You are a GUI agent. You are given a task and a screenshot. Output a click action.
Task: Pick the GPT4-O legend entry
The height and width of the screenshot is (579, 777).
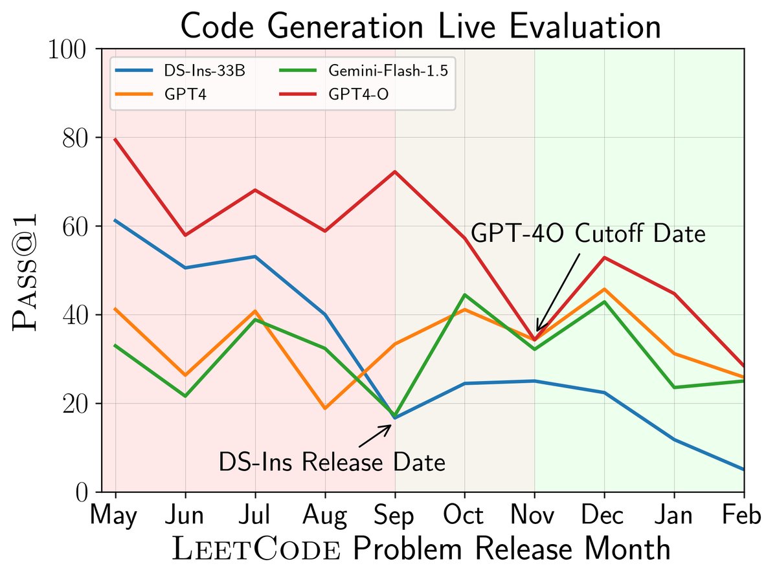click(360, 94)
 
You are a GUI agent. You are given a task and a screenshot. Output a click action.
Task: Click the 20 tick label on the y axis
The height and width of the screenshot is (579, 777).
click(74, 404)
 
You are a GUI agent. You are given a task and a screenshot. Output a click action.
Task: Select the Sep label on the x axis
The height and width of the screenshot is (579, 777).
click(395, 516)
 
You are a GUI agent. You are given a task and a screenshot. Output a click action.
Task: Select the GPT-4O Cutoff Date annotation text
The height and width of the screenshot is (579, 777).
click(588, 234)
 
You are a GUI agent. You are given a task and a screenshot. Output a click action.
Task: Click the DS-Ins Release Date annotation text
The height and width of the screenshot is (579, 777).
click(332, 462)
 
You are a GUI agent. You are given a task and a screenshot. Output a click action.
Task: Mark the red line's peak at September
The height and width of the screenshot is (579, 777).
click(395, 171)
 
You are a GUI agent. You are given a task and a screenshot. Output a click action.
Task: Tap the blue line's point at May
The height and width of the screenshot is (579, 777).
click(115, 221)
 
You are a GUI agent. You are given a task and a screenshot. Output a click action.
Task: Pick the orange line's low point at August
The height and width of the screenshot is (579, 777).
click(325, 409)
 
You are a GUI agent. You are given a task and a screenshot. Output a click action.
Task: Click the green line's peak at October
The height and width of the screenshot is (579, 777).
click(465, 295)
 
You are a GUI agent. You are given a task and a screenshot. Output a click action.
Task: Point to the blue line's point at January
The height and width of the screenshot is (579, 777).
click(675, 440)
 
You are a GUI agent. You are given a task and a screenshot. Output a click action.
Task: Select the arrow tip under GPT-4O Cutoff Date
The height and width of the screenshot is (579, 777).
click(536, 333)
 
